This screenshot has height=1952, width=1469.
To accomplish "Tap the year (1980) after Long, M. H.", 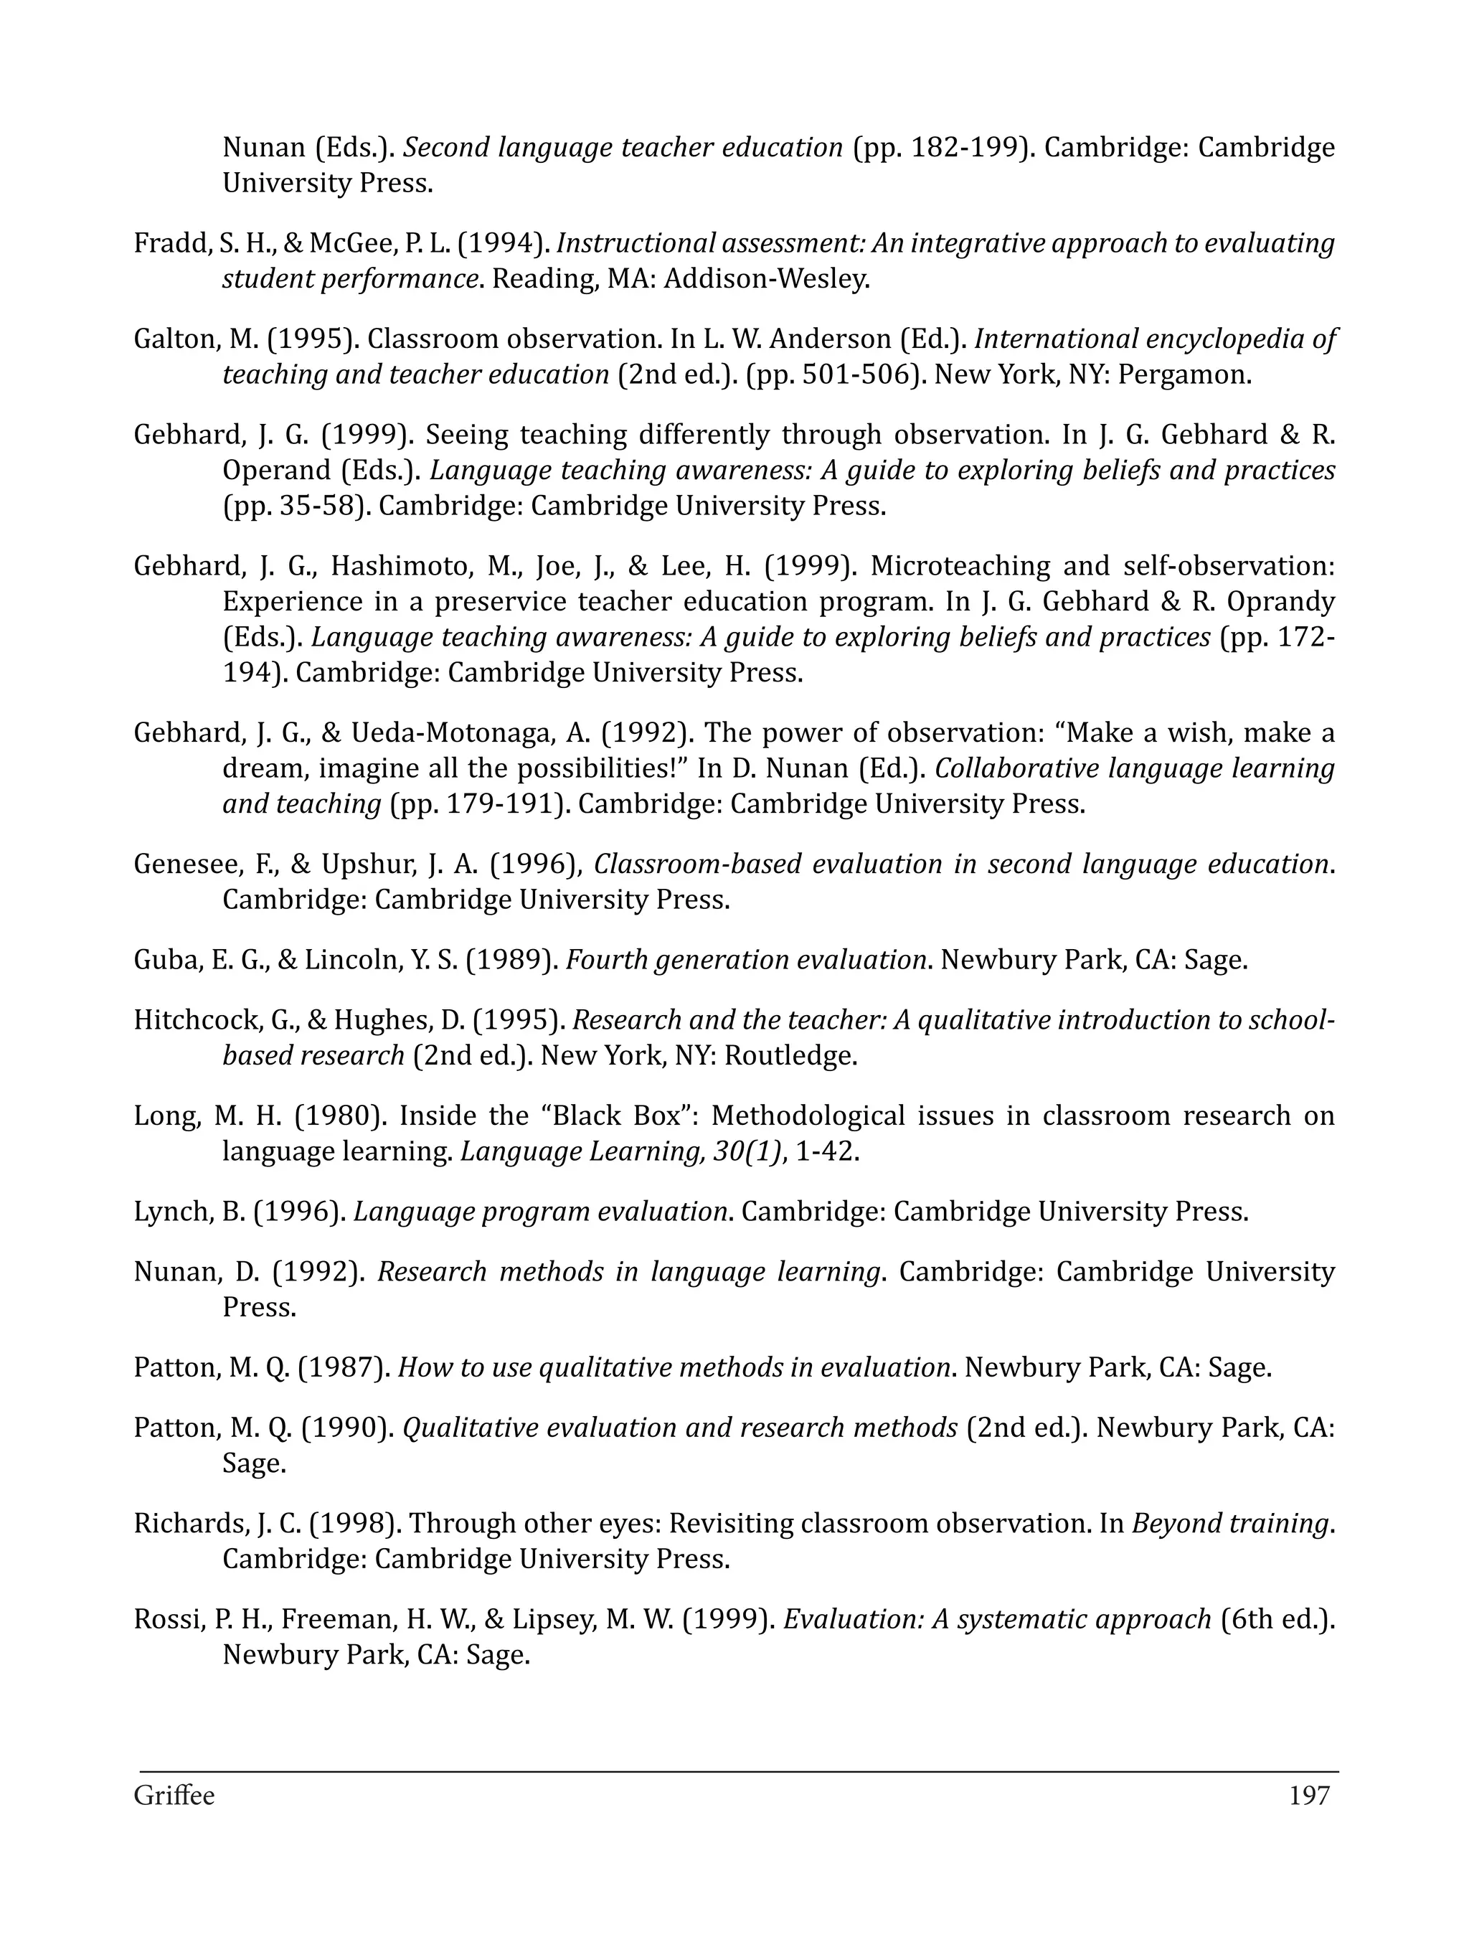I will click(x=340, y=1116).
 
